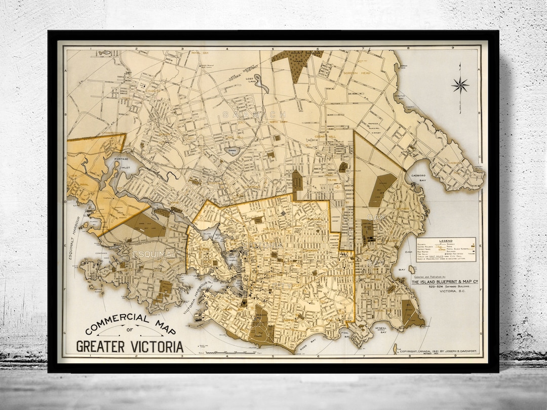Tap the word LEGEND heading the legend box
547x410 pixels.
coord(446,241)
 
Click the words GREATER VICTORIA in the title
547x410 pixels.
coord(130,347)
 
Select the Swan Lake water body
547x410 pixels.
coord(230,151)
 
